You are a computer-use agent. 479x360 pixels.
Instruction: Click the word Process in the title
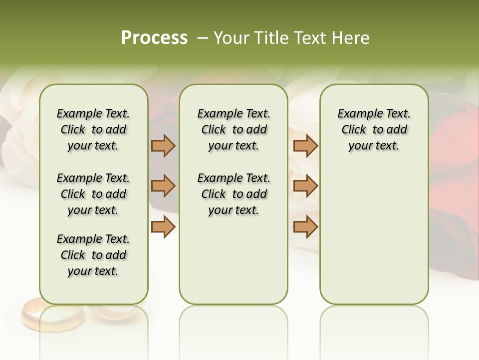[x=154, y=38]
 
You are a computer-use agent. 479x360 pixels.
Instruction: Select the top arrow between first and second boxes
[x=163, y=145]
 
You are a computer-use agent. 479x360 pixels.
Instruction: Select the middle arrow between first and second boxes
[x=163, y=186]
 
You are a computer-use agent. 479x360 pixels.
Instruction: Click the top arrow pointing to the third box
[x=305, y=145]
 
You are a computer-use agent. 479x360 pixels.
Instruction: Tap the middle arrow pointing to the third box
[x=305, y=186]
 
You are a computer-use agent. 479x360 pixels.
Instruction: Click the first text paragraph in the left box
[x=93, y=129]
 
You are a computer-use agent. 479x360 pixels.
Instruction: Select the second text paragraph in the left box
[x=93, y=194]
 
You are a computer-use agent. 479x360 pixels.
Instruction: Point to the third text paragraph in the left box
[x=93, y=255]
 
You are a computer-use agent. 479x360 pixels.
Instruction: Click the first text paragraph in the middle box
[x=234, y=129]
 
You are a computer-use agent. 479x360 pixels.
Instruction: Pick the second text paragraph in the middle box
[x=234, y=194]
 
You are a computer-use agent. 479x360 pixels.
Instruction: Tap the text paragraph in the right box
[x=374, y=129]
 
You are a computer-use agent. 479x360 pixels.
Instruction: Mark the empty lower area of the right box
[x=374, y=235]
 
